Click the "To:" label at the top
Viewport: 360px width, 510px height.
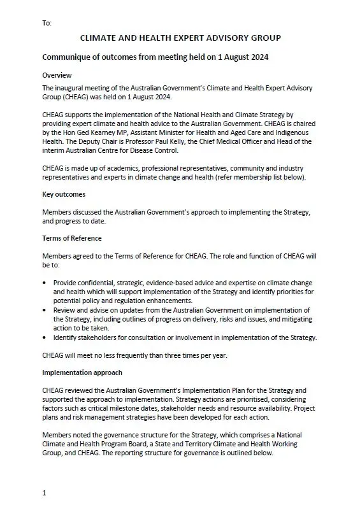pyautogui.click(x=47, y=23)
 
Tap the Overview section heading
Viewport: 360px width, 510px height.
pyautogui.click(x=57, y=75)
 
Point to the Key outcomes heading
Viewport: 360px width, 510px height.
pyautogui.click(x=64, y=194)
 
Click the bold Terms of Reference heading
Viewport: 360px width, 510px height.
pyautogui.click(x=71, y=238)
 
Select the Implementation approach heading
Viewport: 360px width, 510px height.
pyautogui.click(x=82, y=372)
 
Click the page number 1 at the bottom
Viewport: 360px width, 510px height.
pyautogui.click(x=44, y=493)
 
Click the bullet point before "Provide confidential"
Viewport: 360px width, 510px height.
pyautogui.click(x=45, y=282)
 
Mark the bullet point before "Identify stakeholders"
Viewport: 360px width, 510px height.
pyautogui.click(x=45, y=337)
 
